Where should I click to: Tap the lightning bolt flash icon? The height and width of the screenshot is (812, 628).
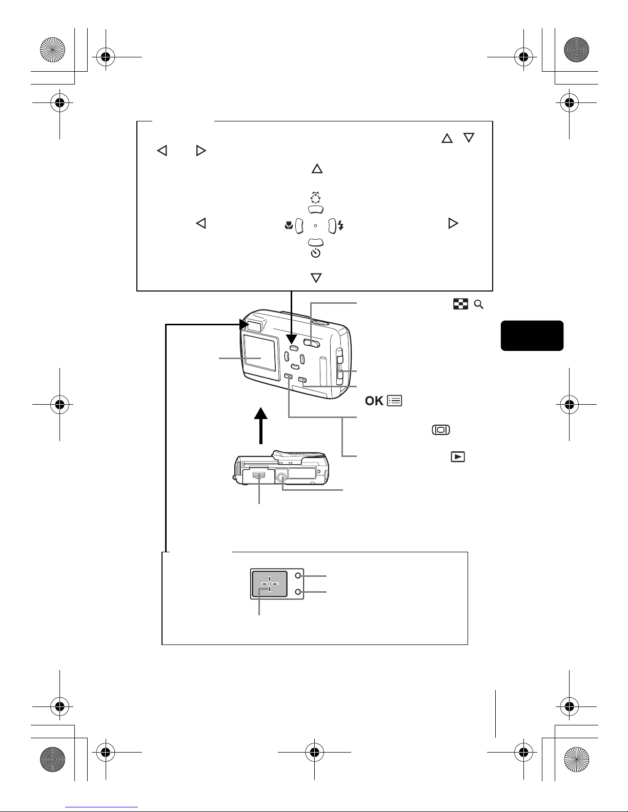341,225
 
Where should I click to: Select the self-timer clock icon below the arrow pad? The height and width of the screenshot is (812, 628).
316,253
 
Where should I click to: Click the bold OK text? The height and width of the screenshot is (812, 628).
374,401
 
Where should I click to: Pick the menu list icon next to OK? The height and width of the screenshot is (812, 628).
395,401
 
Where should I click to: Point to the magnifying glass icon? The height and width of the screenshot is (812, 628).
479,305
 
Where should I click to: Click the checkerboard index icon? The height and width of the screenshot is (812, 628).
460,305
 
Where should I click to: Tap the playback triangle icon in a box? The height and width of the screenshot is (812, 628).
458,456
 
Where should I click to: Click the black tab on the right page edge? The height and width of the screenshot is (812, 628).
532,336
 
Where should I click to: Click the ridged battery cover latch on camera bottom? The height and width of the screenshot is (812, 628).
259,475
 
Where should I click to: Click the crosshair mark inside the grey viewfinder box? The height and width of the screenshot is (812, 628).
269,584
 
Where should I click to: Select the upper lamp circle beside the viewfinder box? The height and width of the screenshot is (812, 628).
298,576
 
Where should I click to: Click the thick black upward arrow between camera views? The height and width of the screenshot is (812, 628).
261,425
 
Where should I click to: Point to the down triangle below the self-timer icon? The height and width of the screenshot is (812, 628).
316,278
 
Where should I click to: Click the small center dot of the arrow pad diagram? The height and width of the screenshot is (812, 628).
315,225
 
